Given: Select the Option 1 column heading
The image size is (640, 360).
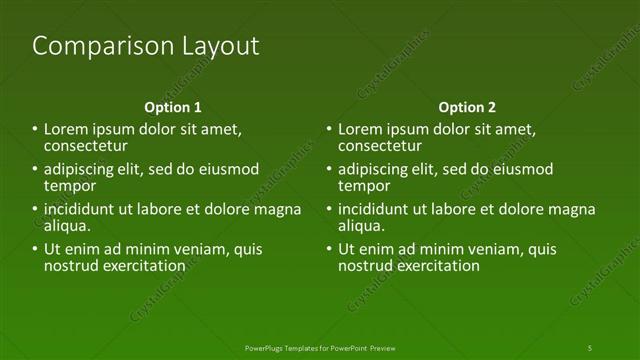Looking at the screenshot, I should (173, 107).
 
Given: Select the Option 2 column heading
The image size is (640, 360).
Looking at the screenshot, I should (467, 107).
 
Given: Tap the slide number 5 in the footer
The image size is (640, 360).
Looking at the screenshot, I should (590, 347).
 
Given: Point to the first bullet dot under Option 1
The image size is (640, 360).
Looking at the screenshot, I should (35, 130).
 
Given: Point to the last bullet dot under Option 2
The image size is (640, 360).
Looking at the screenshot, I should (329, 250).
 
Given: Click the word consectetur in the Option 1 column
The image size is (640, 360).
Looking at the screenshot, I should (86, 146).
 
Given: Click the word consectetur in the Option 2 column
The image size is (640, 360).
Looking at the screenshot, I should (380, 146).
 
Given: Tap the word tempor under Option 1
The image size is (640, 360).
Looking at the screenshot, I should (70, 186).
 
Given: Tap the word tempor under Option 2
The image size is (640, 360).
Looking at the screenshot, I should (364, 186).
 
